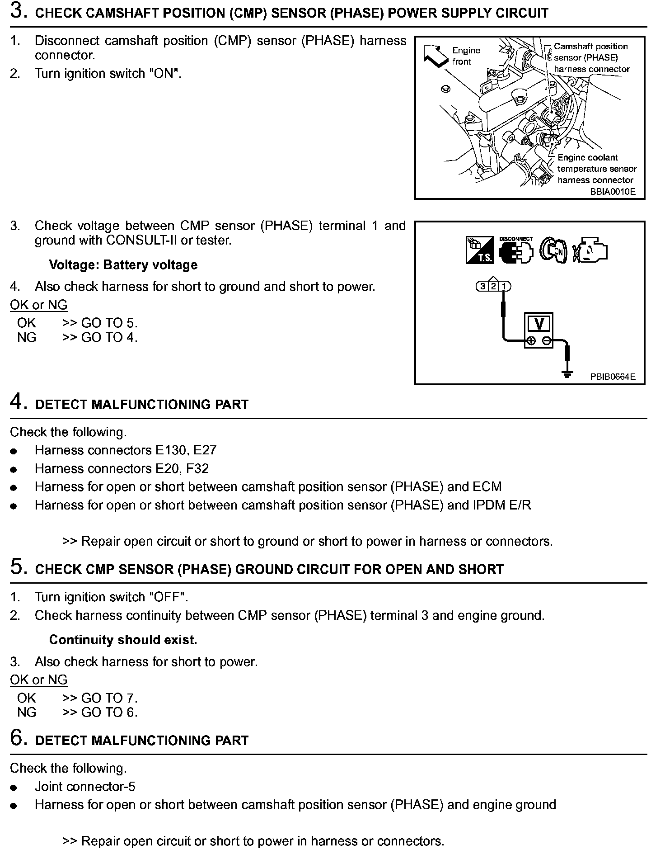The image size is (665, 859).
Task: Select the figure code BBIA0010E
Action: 613,192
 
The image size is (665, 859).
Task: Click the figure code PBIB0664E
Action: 613,377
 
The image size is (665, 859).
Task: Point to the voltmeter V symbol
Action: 539,324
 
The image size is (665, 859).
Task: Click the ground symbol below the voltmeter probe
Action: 567,373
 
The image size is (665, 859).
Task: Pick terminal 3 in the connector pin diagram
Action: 482,286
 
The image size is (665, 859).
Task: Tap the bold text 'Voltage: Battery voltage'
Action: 123,265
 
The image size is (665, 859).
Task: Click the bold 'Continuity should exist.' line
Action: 123,640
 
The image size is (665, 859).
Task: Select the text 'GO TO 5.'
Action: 109,323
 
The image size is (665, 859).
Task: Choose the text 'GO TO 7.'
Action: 109,698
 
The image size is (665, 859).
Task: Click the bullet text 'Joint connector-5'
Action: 85,787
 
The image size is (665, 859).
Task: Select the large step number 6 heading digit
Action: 16,738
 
